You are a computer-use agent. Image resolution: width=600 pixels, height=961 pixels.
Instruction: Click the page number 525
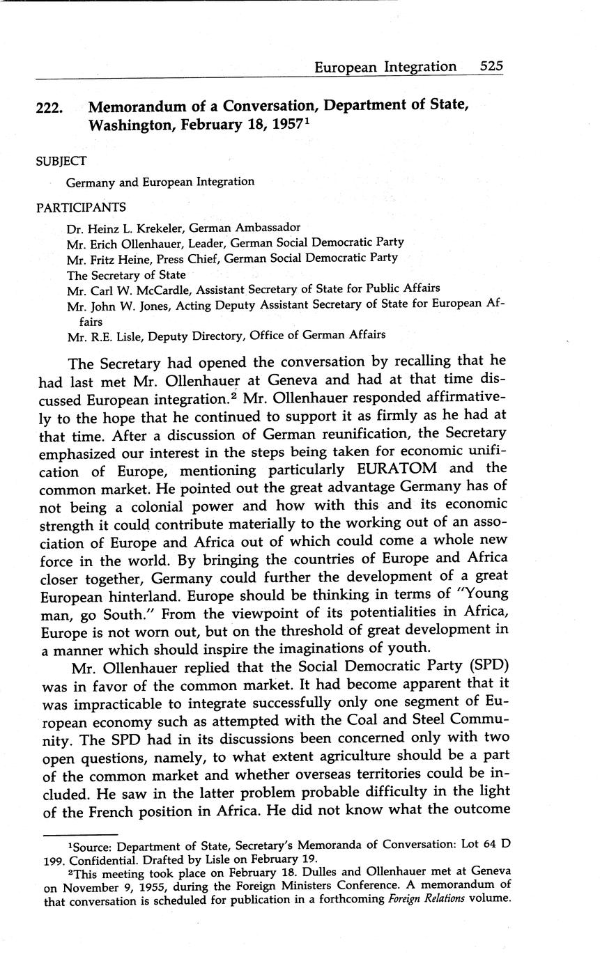click(491, 67)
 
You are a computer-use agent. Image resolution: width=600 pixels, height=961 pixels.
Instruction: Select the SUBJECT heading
click(61, 161)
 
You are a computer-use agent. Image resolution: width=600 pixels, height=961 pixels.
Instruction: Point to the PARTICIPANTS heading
click(81, 207)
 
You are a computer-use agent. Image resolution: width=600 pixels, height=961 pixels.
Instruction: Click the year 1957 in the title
click(284, 126)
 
